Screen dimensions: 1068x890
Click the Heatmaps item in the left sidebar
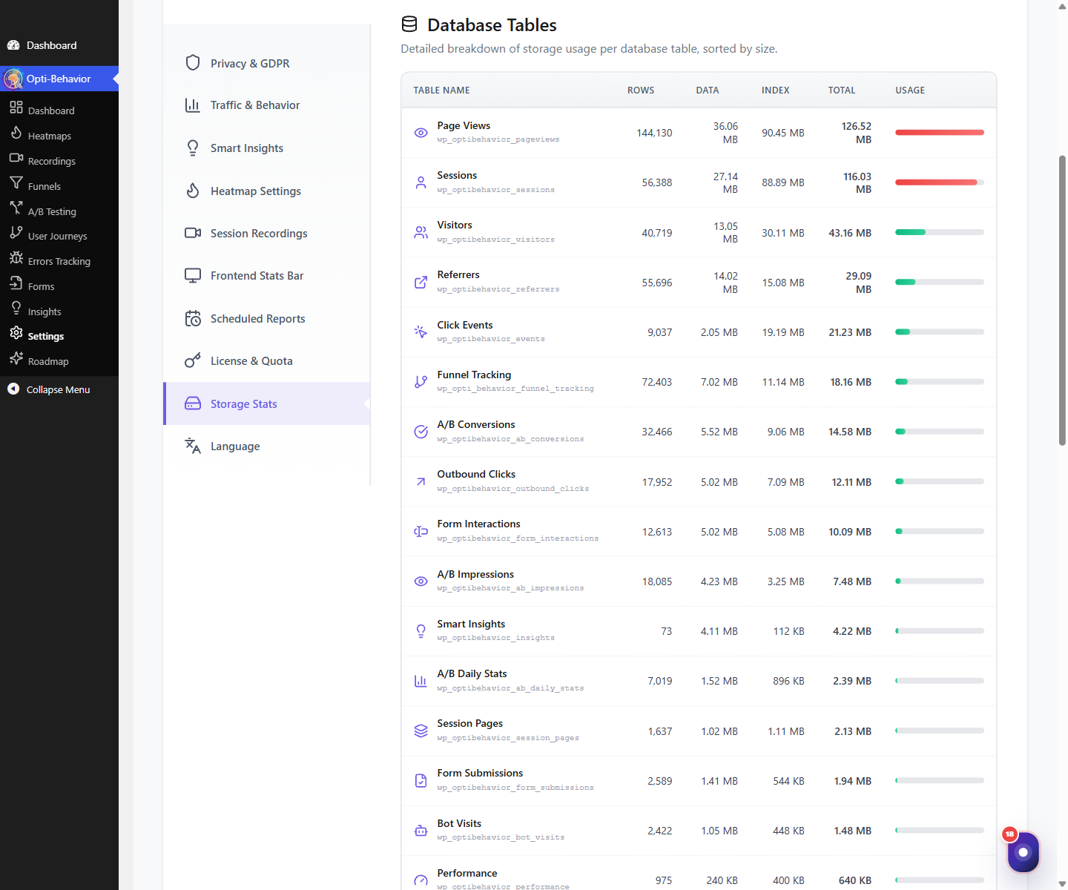(49, 136)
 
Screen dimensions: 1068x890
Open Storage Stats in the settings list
(243, 403)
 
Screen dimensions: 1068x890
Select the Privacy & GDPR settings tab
(250, 64)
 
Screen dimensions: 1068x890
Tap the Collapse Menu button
(58, 389)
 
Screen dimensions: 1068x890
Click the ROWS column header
(640, 90)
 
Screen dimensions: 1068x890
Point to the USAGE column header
(909, 90)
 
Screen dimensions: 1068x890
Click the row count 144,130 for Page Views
(654, 133)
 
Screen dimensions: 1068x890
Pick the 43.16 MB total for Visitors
(850, 233)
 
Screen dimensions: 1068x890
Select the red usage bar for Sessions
(935, 182)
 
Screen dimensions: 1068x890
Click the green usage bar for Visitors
(910, 232)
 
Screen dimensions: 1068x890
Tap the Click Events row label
(464, 325)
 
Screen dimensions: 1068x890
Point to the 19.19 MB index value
(782, 332)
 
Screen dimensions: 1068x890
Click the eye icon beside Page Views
(421, 133)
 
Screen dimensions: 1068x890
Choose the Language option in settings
(235, 446)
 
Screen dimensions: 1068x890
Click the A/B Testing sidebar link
(52, 211)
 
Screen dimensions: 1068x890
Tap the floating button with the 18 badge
(1023, 851)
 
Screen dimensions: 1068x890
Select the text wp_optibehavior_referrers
(498, 289)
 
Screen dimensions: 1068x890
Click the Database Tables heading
(492, 25)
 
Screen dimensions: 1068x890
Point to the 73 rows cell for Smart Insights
(666, 631)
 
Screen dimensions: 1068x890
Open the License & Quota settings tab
(251, 361)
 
